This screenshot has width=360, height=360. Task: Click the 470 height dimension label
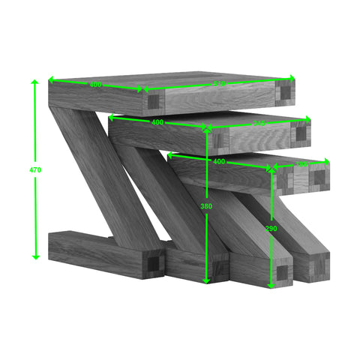(35, 170)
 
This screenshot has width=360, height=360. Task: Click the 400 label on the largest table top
(95, 85)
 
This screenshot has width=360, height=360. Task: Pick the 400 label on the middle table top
(157, 121)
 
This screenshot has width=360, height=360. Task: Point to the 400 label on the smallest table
(219, 161)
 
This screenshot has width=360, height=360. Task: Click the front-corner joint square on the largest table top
(153, 101)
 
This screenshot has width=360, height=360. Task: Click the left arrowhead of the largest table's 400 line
(52, 80)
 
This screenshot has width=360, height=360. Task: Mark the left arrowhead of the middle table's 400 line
(111, 117)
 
